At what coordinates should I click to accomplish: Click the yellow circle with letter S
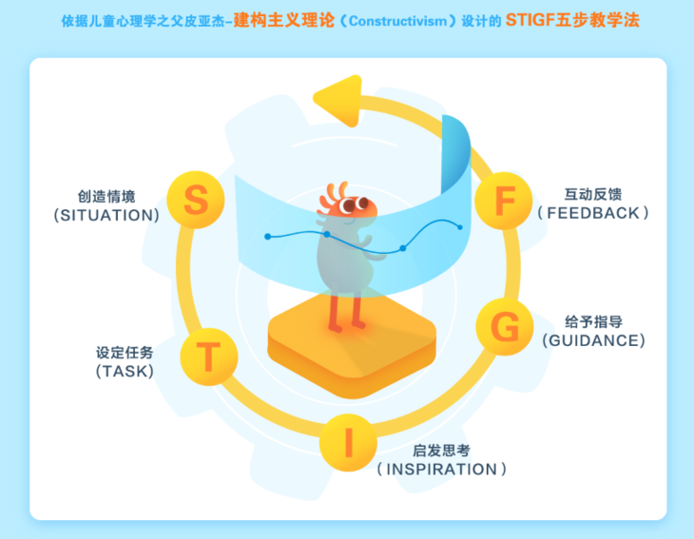(x=195, y=201)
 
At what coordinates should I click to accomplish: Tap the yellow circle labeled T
(x=208, y=356)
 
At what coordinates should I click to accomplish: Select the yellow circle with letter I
(x=348, y=441)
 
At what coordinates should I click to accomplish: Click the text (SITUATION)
(x=107, y=216)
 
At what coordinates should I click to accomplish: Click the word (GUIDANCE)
(x=593, y=340)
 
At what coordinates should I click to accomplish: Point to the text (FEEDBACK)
(x=593, y=213)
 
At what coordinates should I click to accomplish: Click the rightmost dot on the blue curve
(x=460, y=226)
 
